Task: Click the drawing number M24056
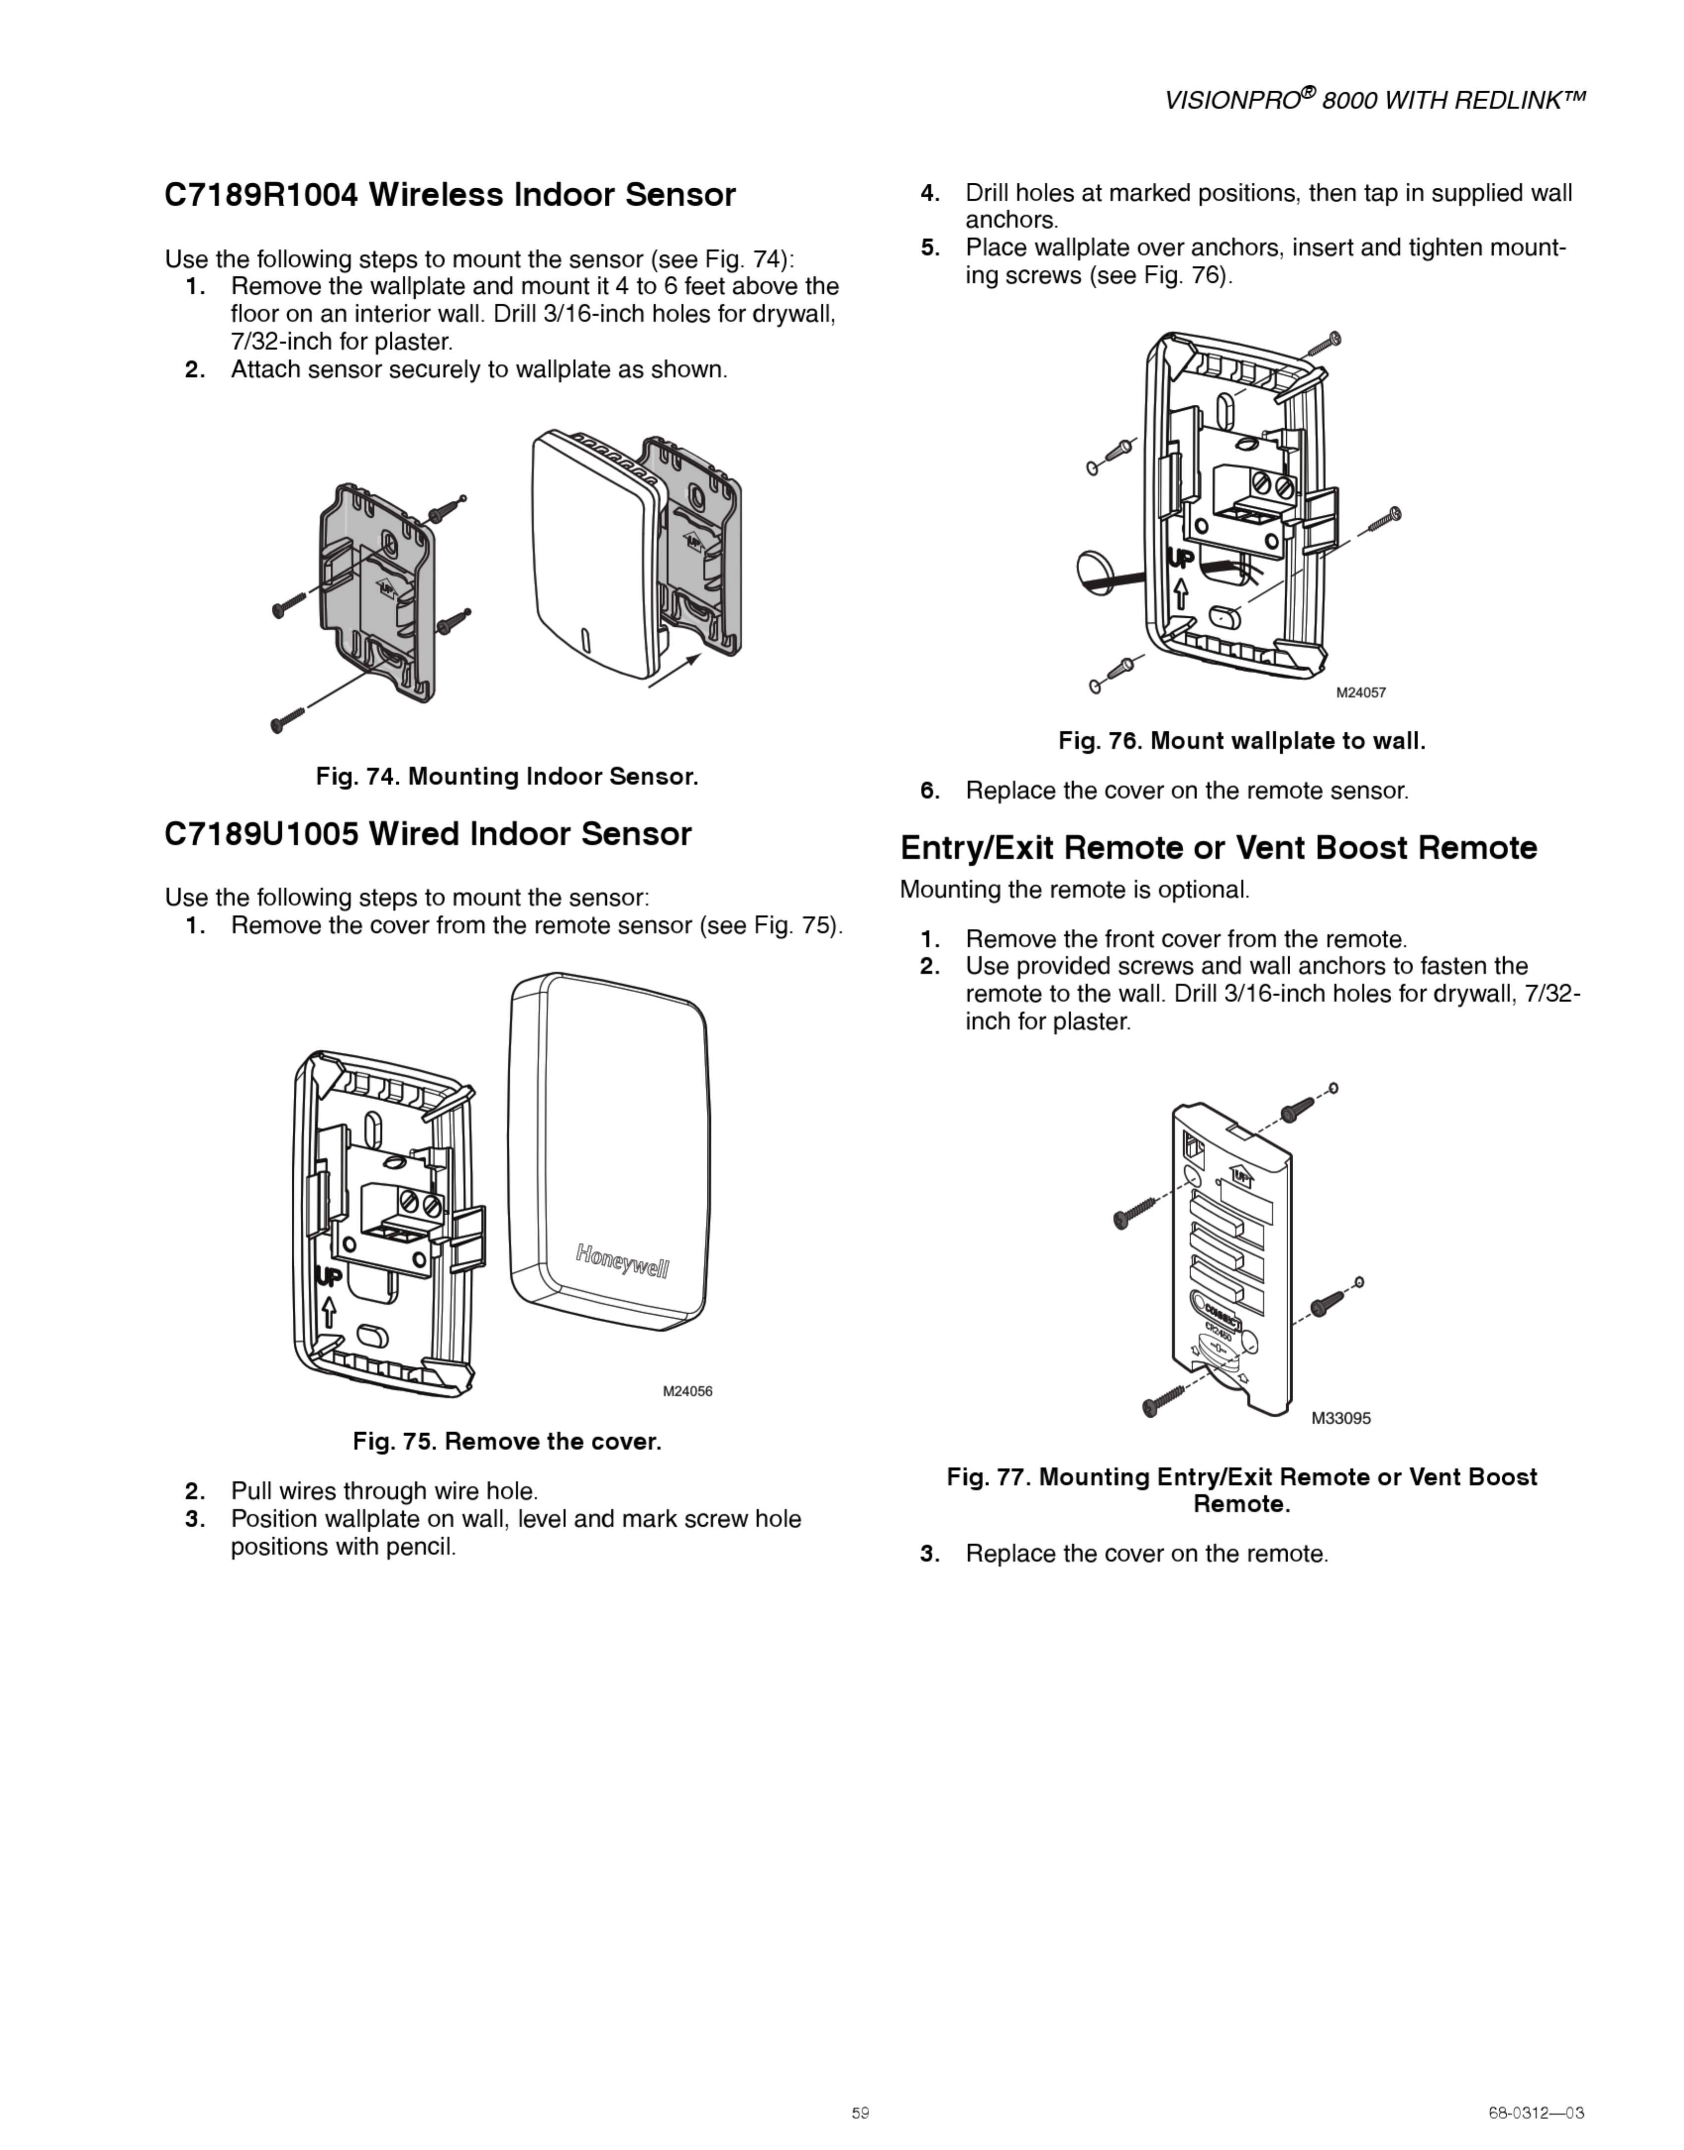pos(687,1392)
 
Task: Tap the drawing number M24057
pos(1361,693)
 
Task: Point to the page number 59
pos(860,2112)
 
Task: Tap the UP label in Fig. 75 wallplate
pos(328,1277)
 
